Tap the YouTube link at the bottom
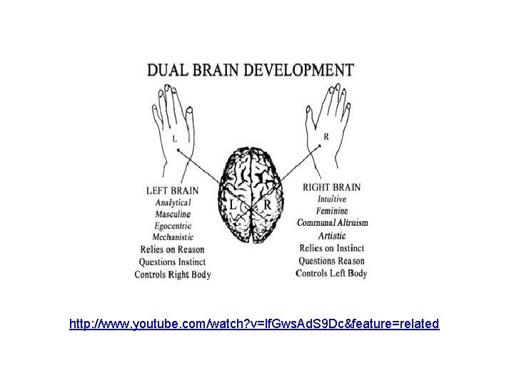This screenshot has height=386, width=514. (x=255, y=324)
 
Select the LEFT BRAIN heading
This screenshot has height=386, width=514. (x=172, y=191)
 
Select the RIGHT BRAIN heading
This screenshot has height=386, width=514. (x=331, y=188)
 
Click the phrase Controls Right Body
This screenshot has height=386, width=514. (x=173, y=274)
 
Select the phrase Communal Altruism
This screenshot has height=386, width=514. (x=333, y=223)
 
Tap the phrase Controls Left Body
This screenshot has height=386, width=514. (x=331, y=273)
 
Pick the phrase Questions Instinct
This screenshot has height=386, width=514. (x=171, y=262)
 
